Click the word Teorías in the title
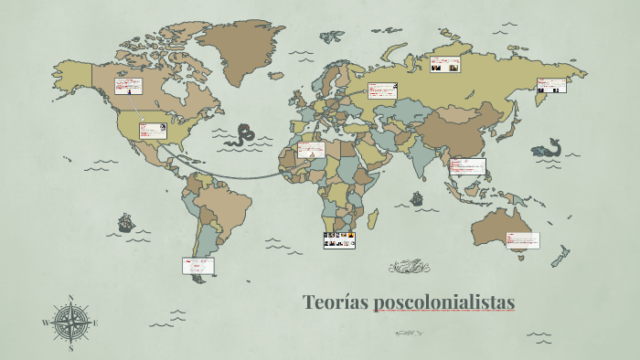(335, 302)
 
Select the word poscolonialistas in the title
(443, 302)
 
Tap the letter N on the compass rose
(71, 298)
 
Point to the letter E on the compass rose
(95, 323)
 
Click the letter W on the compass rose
(46, 323)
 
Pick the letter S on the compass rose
(70, 348)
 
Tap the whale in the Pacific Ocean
(547, 147)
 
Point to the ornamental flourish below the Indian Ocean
(409, 267)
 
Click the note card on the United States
(152, 130)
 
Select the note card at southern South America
(197, 265)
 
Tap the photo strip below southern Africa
(338, 239)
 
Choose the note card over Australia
(522, 240)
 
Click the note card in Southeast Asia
(467, 166)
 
